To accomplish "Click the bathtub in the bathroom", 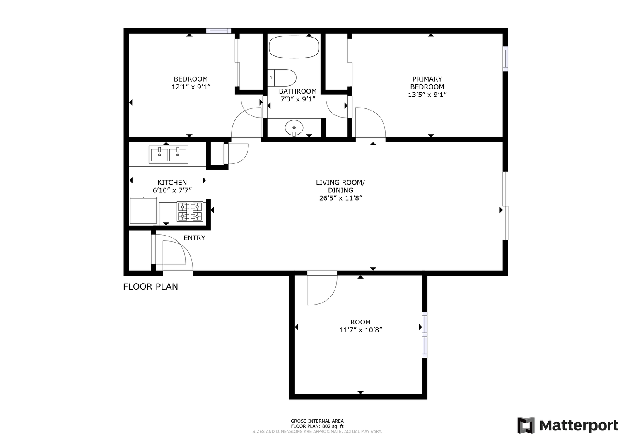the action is point(294,47).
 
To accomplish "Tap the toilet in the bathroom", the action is point(282,77).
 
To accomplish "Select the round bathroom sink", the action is point(294,128).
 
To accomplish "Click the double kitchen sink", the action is point(169,154).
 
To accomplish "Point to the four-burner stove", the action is point(190,211).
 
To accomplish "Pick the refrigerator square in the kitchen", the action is point(143,210).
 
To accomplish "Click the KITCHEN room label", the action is point(172,183).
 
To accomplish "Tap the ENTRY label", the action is point(194,238).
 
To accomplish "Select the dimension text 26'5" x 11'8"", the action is point(340,198).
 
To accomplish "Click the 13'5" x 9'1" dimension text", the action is point(427,95).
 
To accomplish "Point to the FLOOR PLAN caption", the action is point(150,287).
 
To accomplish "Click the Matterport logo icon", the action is point(526,425).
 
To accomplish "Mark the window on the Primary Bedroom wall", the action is point(505,59).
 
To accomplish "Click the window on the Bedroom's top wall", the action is point(219,31).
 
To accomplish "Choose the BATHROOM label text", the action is point(298,91).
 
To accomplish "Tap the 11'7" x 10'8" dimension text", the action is point(361,330).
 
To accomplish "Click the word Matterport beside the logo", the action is point(579,426).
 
